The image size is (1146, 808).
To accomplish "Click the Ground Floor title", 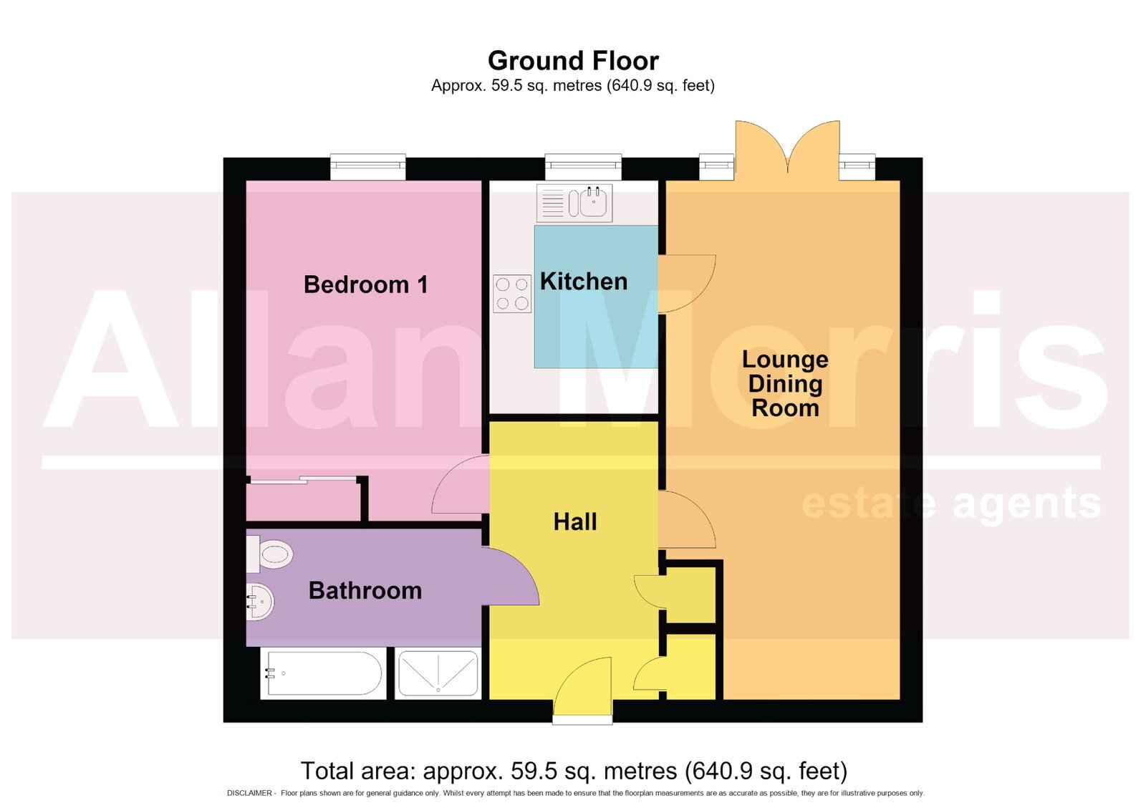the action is coord(573,61).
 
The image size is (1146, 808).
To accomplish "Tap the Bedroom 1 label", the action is coord(366,284).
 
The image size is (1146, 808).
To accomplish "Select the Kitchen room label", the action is coord(584,282).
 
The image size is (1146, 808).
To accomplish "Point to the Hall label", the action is coord(575,522).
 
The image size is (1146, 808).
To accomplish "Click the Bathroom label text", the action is coord(365,590).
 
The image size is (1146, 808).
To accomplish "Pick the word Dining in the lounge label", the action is coord(785,385).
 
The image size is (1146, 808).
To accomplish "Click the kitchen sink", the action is coord(574,203).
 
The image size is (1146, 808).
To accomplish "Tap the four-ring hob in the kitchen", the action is coord(512,294).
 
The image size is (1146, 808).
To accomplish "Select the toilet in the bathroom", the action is coord(269,554).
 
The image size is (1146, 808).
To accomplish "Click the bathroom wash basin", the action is coord(261,602).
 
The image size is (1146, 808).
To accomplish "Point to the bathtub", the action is coord(323,673).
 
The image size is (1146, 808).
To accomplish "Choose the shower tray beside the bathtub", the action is coord(438,673).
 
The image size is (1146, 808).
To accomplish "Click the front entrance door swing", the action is coord(583,686).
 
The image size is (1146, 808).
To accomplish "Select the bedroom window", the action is coord(368,167).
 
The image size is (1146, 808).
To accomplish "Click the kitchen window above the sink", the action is coord(583,167).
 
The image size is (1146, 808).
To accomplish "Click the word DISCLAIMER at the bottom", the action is coord(250,793).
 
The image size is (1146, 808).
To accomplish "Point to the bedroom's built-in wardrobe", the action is coord(303,500).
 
